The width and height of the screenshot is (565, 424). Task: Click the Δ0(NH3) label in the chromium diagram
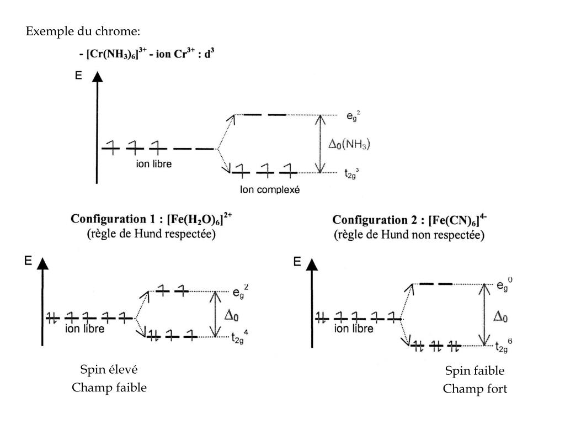pos(349,144)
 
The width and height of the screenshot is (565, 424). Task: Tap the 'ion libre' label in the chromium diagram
pos(154,165)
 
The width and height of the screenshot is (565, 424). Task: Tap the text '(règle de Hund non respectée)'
pos(409,235)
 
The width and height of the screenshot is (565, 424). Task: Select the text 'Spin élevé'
pos(109,369)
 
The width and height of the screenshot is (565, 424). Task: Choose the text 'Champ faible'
pos(109,388)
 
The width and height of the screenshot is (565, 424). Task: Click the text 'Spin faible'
pos(475,370)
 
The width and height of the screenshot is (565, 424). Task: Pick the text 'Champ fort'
pos(475,389)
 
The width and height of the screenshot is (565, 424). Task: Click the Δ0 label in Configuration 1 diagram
pos(231,314)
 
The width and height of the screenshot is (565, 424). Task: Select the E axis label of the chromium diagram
pos(79,75)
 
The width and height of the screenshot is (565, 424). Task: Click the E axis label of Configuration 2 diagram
pos(297,261)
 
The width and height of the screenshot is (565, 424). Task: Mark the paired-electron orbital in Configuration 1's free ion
pos(52,317)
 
